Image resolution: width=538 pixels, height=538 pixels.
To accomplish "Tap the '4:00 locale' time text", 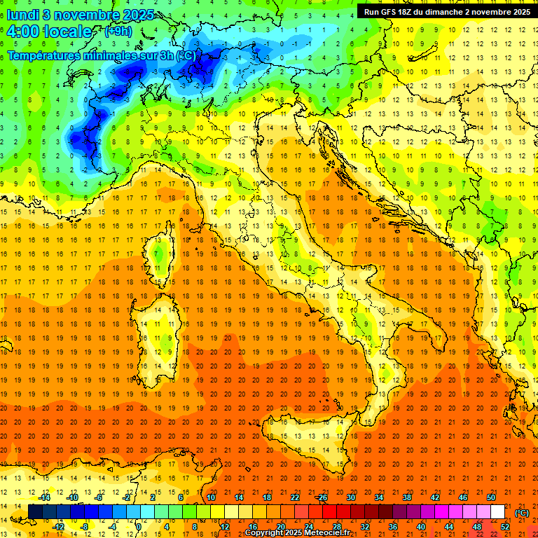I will tap(49, 32).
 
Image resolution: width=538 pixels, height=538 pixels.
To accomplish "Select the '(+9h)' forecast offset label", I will tap(117, 31).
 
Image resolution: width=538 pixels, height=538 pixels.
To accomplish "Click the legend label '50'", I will tap(491, 497).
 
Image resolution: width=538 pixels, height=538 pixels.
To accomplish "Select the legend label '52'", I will tap(504, 526).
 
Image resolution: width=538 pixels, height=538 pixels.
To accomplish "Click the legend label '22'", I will tap(295, 497).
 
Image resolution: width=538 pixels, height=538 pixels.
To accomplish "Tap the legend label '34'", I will tap(379, 497).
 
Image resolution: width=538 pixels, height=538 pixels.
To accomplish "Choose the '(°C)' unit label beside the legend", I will tap(521, 512).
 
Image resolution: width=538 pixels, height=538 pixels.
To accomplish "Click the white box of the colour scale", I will tap(497, 512).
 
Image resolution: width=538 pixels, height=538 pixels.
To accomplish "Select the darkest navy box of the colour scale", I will tap(35, 512).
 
